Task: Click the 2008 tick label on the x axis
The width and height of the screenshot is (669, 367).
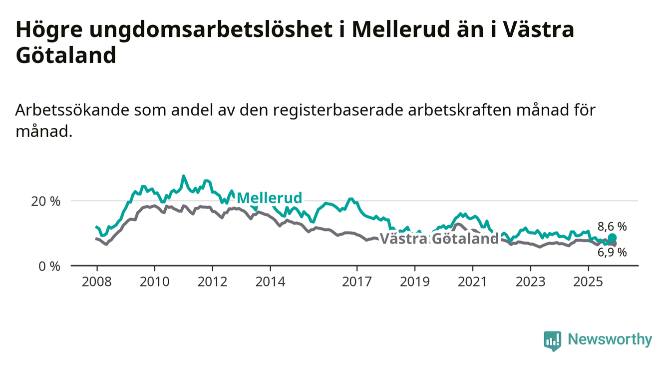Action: tap(96, 281)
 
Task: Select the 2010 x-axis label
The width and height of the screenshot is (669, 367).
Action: tap(154, 281)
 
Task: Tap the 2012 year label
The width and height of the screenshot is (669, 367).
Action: tap(212, 281)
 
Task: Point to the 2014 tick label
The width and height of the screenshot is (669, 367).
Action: tap(270, 281)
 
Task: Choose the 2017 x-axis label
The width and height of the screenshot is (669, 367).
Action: tap(357, 281)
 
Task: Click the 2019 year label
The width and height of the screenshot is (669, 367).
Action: tap(415, 281)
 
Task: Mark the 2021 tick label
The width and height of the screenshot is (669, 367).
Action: tap(473, 281)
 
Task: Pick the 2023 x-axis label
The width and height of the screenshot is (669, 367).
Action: tap(530, 281)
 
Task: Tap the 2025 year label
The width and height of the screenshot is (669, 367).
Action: tap(588, 281)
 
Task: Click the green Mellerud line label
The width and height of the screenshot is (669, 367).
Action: tap(270, 198)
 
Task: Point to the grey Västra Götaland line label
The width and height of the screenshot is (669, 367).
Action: tap(439, 239)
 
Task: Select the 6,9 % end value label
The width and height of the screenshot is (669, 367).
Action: tap(612, 252)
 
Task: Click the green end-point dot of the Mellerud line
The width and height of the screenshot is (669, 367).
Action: tap(612, 237)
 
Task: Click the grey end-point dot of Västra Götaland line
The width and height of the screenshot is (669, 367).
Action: tap(613, 243)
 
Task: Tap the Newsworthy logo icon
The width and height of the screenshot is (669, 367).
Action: tap(552, 340)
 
